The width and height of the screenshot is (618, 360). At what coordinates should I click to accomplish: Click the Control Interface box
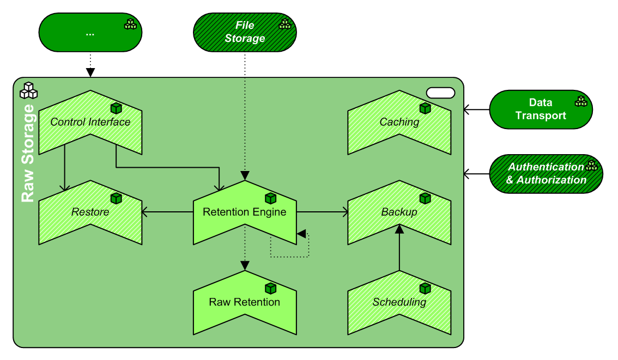click(90, 122)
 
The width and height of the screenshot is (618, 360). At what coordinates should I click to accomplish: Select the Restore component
click(90, 212)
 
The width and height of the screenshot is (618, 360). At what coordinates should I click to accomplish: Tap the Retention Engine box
click(245, 212)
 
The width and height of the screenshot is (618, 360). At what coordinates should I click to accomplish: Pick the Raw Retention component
click(245, 302)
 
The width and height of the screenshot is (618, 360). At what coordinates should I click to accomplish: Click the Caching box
click(399, 122)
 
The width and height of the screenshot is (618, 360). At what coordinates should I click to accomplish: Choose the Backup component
click(399, 212)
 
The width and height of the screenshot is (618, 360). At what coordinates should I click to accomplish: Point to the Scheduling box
click(399, 302)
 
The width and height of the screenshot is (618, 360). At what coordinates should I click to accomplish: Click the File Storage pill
click(245, 32)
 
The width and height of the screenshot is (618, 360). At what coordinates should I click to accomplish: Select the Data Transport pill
click(541, 109)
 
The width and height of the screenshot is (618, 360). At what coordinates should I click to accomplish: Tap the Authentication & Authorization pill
click(546, 173)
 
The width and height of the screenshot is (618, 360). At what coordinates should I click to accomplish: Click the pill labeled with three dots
click(90, 32)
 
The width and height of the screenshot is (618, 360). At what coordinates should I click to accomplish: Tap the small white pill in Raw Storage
click(440, 93)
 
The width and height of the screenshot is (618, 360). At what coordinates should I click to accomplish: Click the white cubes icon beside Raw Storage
click(28, 90)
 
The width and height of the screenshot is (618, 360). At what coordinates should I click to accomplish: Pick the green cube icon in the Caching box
click(425, 108)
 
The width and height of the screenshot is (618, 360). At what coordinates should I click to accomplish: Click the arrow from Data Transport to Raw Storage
click(476, 109)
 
